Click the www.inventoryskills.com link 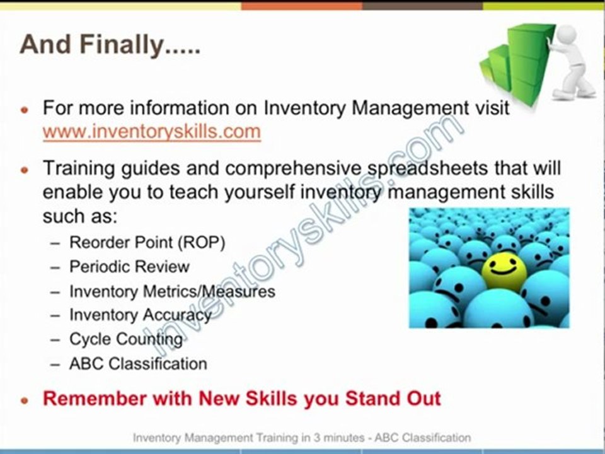[151, 132]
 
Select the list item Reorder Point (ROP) [147, 242]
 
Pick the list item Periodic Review [129, 267]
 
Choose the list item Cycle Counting [126, 339]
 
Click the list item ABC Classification [138, 364]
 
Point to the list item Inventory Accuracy [141, 315]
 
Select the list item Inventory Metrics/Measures [172, 291]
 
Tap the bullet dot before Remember [25, 400]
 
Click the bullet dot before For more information [25, 109]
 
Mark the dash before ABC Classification [56, 364]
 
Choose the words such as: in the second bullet [80, 216]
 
